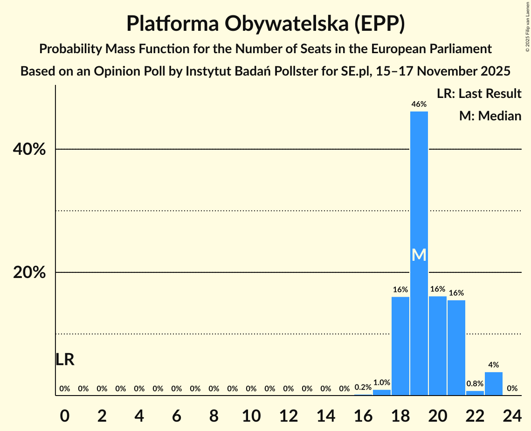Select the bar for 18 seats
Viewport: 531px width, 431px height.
(x=400, y=346)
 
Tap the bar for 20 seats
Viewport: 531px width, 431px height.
(x=438, y=346)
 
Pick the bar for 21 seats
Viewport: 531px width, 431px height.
(x=456, y=348)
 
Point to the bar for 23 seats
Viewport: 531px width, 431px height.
(x=494, y=383)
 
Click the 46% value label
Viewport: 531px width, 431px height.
(x=419, y=104)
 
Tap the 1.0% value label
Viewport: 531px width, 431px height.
(x=382, y=382)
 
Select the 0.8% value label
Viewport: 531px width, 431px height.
(x=475, y=383)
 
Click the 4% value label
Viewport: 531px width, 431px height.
(x=494, y=365)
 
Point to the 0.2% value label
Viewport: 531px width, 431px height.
(x=363, y=387)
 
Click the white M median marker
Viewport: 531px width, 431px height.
(x=419, y=255)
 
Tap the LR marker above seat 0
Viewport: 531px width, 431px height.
(x=65, y=360)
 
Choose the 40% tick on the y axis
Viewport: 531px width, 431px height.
(x=29, y=150)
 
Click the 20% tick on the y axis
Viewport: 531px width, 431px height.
(x=29, y=272)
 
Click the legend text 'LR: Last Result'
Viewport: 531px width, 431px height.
(x=479, y=94)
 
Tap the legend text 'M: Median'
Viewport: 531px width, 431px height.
(x=490, y=116)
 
